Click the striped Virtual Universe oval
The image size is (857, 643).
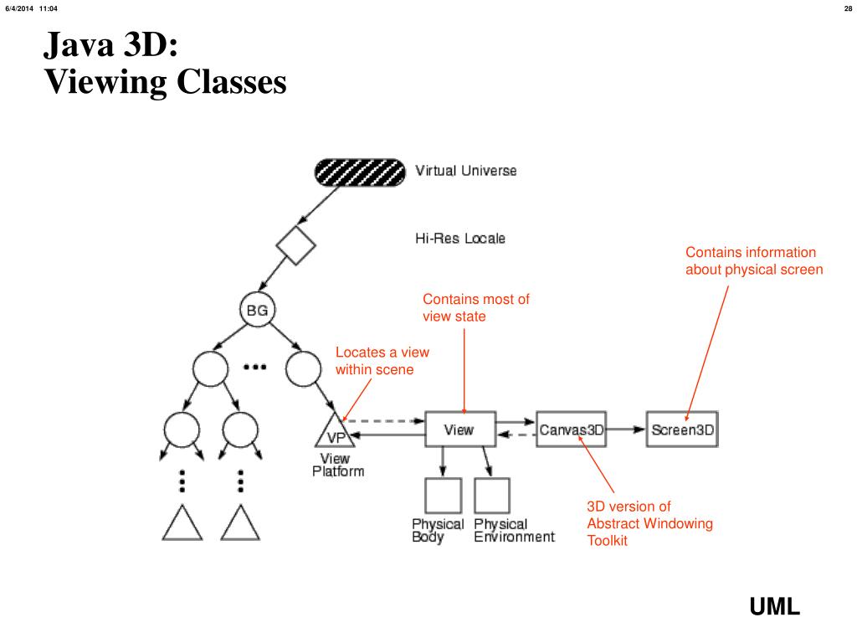coord(359,172)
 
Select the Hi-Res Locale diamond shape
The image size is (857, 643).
coord(296,246)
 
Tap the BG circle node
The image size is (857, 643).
coord(257,311)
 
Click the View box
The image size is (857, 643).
coord(459,430)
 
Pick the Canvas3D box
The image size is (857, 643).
coord(571,430)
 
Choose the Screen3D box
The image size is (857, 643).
coord(682,430)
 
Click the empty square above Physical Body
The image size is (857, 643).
coord(443,496)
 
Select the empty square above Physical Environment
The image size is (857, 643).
coord(491,496)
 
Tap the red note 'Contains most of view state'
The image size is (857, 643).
coord(475,307)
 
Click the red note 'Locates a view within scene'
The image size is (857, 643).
coord(382,361)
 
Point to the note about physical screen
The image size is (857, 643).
coord(753,261)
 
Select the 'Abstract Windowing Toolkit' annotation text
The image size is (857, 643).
coord(649,523)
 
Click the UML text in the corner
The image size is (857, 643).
coord(774,607)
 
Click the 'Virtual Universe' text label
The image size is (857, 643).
coord(466,171)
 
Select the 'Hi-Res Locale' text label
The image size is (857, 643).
coord(459,239)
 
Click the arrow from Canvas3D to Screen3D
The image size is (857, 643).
coord(627,430)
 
